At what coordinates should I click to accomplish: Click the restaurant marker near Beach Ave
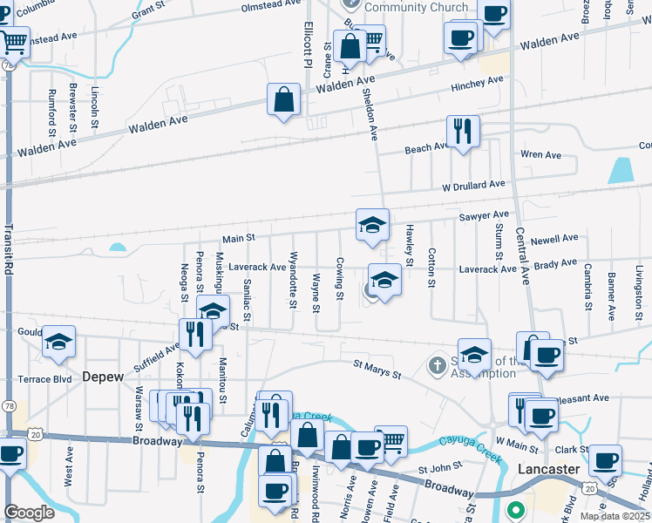463,132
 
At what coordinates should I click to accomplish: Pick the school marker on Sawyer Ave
372,225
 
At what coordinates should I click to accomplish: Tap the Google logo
30,513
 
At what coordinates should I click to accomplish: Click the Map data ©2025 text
615,516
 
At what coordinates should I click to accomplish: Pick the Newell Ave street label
554,238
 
